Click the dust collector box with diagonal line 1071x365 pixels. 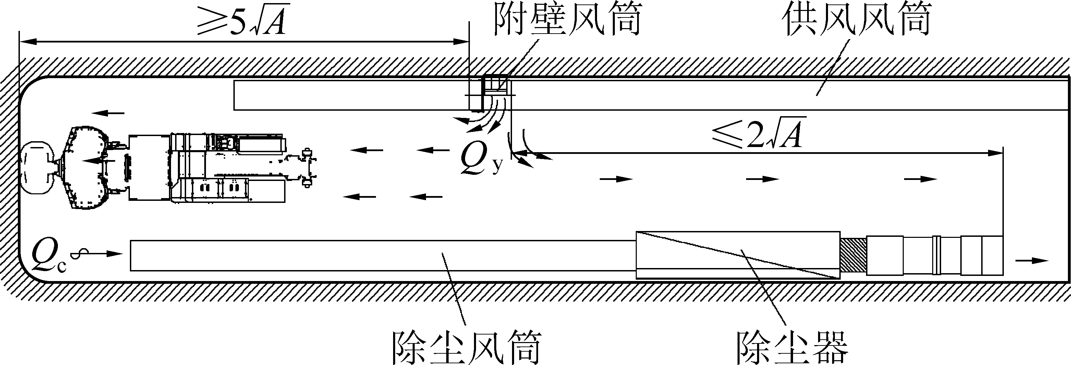click(x=738, y=255)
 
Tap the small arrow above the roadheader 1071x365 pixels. click(x=108, y=113)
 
